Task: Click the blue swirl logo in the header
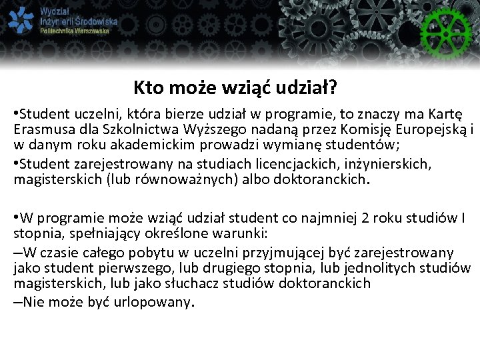21,21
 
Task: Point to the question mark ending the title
333,88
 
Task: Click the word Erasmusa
41,130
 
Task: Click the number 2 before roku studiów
363,218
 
